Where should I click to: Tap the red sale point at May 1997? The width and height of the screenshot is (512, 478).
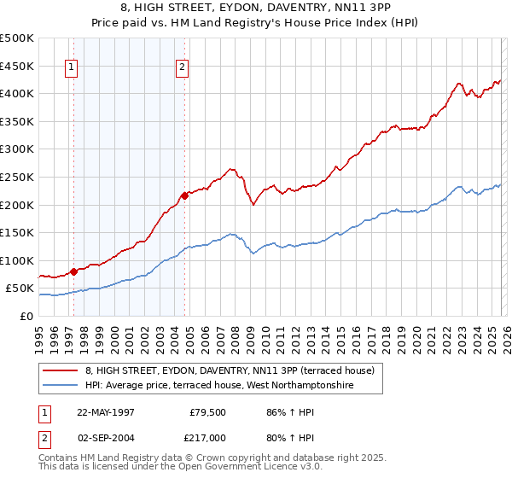[x=73, y=271]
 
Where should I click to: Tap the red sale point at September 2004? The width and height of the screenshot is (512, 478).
[x=184, y=195]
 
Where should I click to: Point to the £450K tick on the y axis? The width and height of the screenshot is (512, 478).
[x=17, y=66]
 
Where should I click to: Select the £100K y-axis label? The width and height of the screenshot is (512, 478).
[x=17, y=260]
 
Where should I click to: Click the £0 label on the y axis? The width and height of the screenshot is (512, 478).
[x=26, y=316]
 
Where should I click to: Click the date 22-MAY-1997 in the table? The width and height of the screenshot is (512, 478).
[x=106, y=411]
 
